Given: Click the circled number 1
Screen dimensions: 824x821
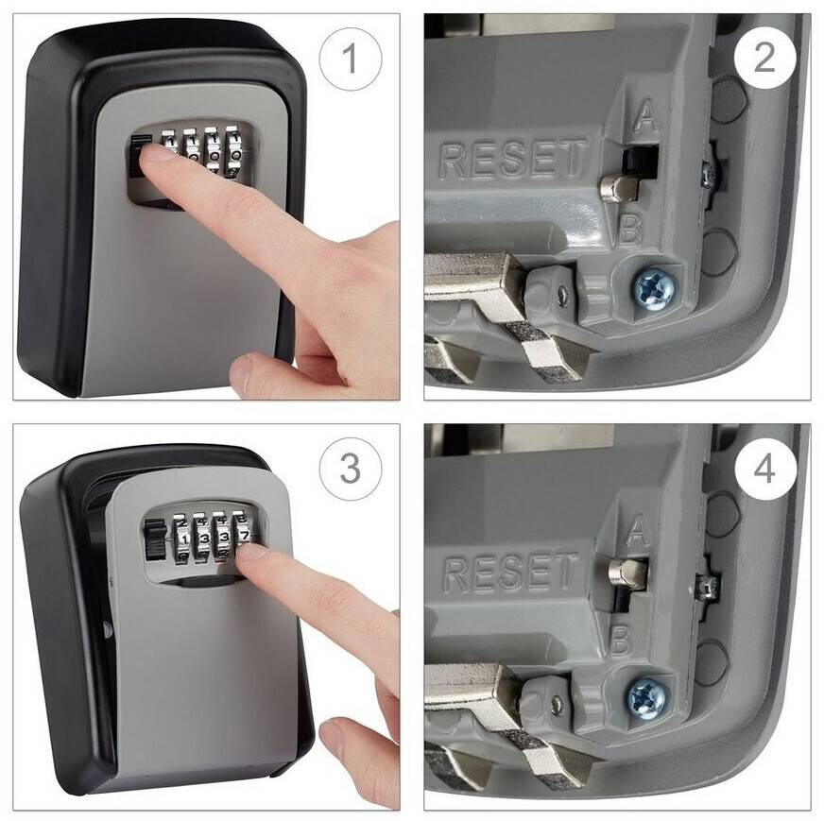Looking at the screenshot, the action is (x=350, y=59).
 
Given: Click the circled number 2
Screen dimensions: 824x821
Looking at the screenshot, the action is (x=764, y=59).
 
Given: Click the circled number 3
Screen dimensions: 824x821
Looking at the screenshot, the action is (x=350, y=468).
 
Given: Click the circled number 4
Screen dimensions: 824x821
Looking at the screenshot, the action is (x=764, y=468).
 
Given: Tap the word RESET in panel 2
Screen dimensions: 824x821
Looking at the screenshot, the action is (x=512, y=158).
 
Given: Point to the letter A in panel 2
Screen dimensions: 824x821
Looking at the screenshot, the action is (x=645, y=115).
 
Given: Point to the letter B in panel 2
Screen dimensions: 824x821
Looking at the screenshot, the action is (x=630, y=229).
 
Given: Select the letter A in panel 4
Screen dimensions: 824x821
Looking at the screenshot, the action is (x=637, y=529).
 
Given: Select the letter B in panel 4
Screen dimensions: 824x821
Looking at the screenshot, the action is (x=622, y=641).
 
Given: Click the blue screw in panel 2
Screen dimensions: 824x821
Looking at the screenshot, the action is (x=654, y=288).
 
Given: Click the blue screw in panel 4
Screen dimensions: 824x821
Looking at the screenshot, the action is (x=647, y=698).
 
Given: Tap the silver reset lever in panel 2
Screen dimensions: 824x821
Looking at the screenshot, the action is (x=620, y=186).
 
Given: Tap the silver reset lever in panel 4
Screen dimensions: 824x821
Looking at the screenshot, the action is (x=627, y=573).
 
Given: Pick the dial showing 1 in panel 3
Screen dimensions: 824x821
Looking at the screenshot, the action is (x=183, y=539).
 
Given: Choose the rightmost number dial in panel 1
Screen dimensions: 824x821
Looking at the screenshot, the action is (x=234, y=152).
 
